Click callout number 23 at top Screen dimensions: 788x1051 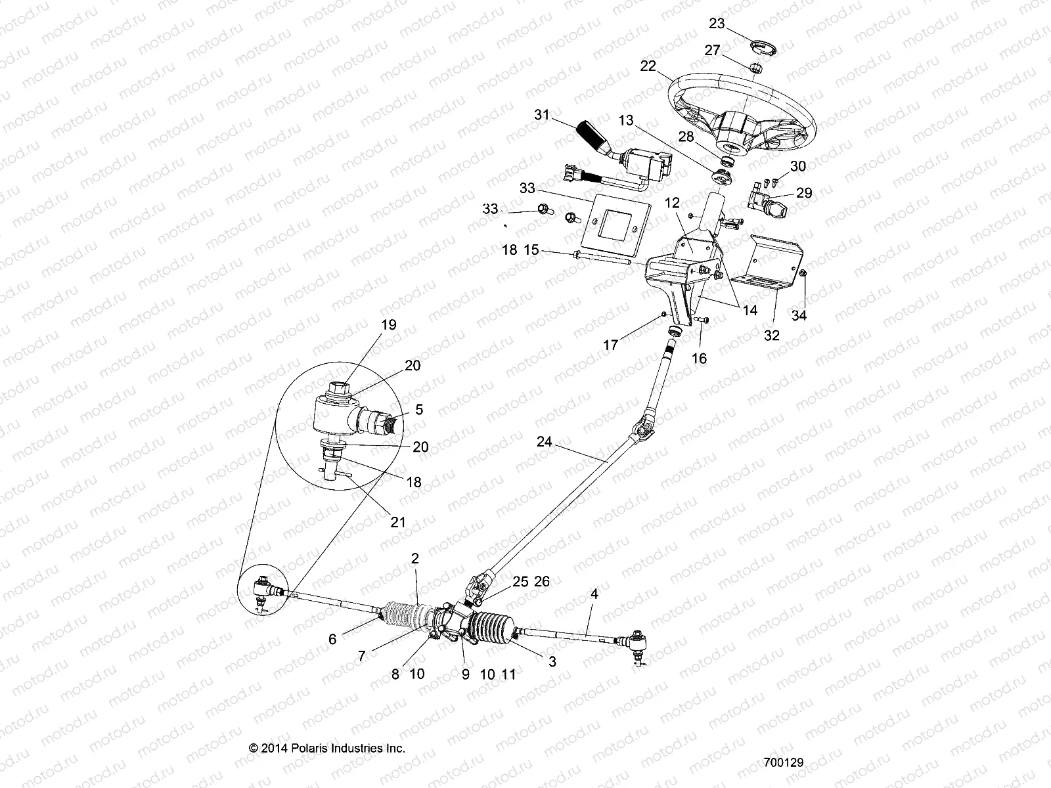tap(717, 23)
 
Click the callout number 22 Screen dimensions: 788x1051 tap(648, 66)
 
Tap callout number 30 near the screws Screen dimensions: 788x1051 tap(797, 167)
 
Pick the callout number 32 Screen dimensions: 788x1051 tap(772, 336)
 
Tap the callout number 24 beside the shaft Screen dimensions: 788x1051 tap(544, 442)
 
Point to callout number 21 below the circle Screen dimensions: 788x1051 tap(397, 523)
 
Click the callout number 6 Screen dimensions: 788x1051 tap(332, 639)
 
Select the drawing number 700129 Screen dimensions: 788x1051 tap(784, 763)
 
